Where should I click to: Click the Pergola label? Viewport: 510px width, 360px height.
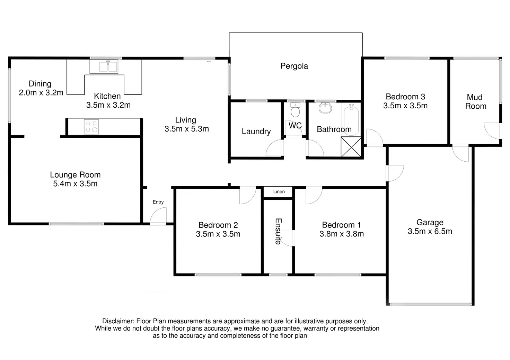coord(294,66)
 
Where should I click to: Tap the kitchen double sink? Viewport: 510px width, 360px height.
coord(108,66)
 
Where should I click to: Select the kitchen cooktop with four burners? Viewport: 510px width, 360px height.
coord(91,127)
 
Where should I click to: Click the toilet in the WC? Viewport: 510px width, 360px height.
coord(295,110)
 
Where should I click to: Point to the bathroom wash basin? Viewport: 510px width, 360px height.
coord(325,108)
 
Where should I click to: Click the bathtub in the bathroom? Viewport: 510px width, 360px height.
coord(351,120)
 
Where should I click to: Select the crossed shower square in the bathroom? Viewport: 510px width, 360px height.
coord(351,147)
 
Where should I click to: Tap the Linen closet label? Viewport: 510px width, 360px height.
coord(279,192)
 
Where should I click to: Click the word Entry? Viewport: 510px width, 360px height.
coord(158,202)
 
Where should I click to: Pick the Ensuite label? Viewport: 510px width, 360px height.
coord(278,232)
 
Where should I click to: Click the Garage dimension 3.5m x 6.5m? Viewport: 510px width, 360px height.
coord(430,231)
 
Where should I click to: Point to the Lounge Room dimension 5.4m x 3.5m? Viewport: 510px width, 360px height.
coord(76,183)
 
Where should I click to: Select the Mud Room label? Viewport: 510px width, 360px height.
coord(476,102)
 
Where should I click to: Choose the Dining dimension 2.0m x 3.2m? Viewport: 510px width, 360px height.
coord(41,93)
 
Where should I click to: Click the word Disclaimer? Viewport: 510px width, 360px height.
coord(118,321)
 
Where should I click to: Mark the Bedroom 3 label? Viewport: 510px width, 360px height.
coord(405,97)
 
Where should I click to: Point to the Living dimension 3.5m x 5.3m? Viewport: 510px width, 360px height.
coord(187,129)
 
